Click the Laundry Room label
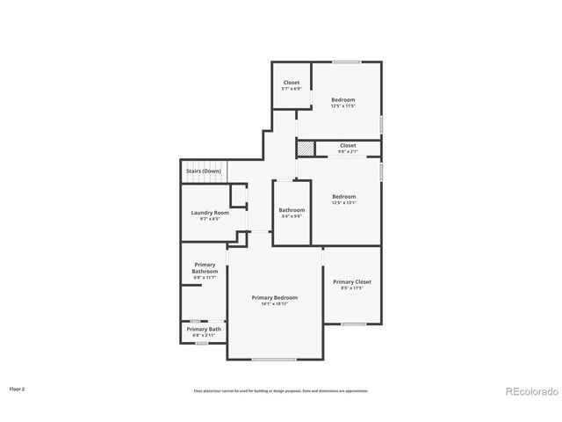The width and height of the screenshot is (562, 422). coord(210,213)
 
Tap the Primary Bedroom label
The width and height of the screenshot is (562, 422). coord(275,298)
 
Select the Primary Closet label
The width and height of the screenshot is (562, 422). coord(352,281)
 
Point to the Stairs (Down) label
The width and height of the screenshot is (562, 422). coord(203,171)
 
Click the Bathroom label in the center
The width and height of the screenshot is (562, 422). coord(292,210)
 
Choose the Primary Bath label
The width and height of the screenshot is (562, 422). coord(204,329)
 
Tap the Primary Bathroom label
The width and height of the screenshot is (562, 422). coord(205,268)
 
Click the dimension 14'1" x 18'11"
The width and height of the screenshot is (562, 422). coord(275,304)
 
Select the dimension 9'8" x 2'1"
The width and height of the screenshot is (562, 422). coord(348,151)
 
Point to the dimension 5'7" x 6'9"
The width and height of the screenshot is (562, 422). coord(291,89)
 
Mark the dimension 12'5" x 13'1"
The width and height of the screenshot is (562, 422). coord(343,202)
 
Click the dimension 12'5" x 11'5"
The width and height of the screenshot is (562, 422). coord(343,106)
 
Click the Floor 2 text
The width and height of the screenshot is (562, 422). coord(18,388)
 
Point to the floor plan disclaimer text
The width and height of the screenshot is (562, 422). coord(281,390)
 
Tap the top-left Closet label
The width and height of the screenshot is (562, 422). coord(291,83)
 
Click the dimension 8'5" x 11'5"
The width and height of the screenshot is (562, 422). coord(351,287)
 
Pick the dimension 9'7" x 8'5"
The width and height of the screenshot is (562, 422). coord(210,219)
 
